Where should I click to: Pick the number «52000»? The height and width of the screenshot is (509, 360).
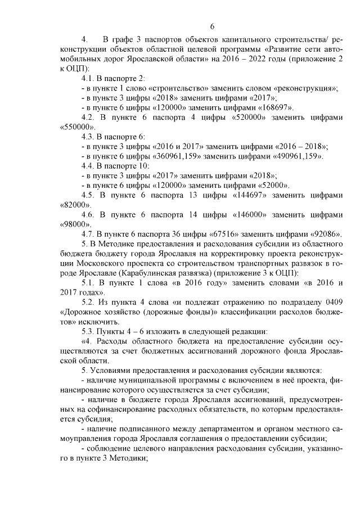coord(271,185)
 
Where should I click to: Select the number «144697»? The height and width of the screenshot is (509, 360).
coord(247,195)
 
